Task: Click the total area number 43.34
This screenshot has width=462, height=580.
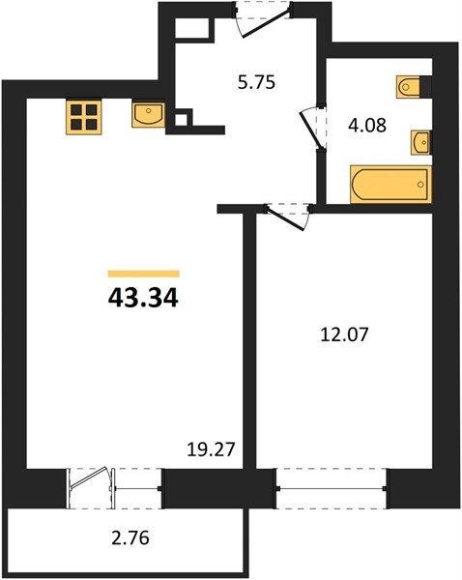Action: coord(143,298)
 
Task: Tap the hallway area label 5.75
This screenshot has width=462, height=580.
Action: coord(256,82)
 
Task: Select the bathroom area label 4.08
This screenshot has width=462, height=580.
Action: coord(367,125)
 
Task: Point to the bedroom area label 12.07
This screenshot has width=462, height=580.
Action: coord(344,334)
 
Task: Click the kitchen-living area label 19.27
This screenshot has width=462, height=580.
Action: coord(211,449)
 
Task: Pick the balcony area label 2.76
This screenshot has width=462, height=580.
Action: coord(130,537)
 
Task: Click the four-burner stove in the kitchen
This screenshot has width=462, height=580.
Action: coord(83,116)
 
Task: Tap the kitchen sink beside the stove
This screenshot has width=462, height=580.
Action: coord(148,115)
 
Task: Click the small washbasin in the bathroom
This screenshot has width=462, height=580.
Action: coord(421,141)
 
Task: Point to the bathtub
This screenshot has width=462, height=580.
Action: coord(390,185)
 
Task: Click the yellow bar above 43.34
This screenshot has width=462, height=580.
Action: coord(144,274)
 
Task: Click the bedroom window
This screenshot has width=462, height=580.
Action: coord(332,488)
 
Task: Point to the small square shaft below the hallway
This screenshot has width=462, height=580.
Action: coord(181,120)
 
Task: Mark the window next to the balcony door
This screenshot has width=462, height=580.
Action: coord(137,488)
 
